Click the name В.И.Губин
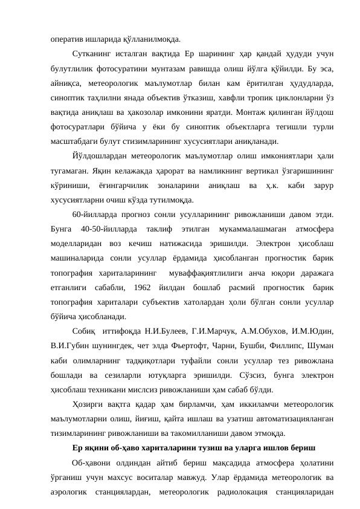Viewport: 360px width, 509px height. coord(71,346)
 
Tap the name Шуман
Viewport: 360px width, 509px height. coord(324,346)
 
